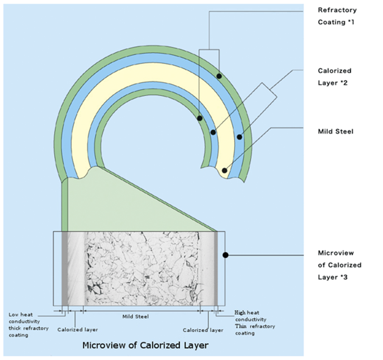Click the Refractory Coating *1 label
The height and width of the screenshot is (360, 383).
[337, 16]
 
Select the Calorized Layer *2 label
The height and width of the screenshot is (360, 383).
[335, 77]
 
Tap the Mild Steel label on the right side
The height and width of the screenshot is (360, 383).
[335, 132]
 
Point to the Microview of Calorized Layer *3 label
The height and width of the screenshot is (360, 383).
[340, 264]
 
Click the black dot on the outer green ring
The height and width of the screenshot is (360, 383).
[219, 76]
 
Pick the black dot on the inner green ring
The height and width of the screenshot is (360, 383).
[199, 118]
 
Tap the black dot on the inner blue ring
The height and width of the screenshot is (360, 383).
[213, 132]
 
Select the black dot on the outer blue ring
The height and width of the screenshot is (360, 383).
[239, 136]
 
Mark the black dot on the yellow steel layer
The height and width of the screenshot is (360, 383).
[225, 171]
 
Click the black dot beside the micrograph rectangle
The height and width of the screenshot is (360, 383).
[225, 255]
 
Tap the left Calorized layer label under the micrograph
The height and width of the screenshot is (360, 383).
[77, 330]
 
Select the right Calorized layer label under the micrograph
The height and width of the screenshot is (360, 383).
[203, 330]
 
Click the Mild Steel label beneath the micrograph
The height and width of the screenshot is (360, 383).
[136, 317]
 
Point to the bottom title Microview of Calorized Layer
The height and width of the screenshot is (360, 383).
[145, 346]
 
